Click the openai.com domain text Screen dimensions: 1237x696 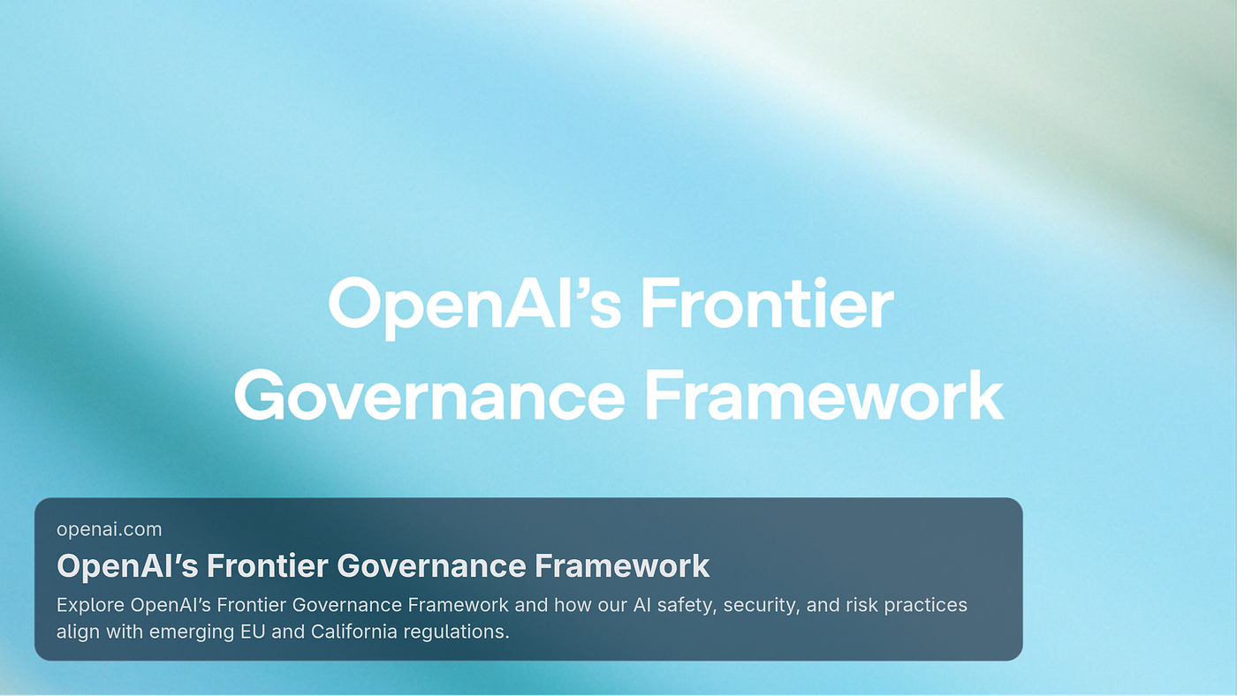[110, 529]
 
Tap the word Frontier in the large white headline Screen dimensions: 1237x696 [767, 304]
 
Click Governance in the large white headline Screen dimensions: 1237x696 [429, 396]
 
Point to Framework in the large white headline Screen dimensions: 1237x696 [823, 396]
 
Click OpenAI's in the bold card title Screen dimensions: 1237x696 [127, 566]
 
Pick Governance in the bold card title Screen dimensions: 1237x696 [431, 566]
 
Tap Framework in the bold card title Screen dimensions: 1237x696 [622, 566]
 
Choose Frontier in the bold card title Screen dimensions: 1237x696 [267, 566]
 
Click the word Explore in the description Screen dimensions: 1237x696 [90, 606]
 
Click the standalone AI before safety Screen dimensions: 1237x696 [641, 605]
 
